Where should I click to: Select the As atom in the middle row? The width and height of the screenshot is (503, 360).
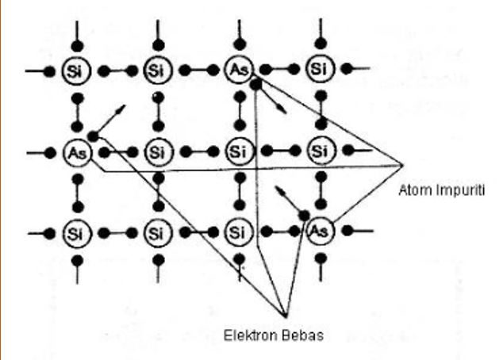(75, 151)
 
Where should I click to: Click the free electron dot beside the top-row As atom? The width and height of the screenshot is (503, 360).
(255, 83)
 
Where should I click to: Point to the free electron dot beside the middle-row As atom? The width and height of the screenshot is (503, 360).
(94, 136)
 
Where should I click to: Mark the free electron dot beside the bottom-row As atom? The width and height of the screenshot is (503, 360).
(305, 215)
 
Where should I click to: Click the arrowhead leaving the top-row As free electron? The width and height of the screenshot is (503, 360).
(285, 113)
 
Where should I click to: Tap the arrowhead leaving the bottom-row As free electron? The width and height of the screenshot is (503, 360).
(275, 188)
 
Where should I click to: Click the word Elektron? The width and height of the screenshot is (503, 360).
(245, 333)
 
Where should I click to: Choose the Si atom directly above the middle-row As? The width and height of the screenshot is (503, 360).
(75, 70)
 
